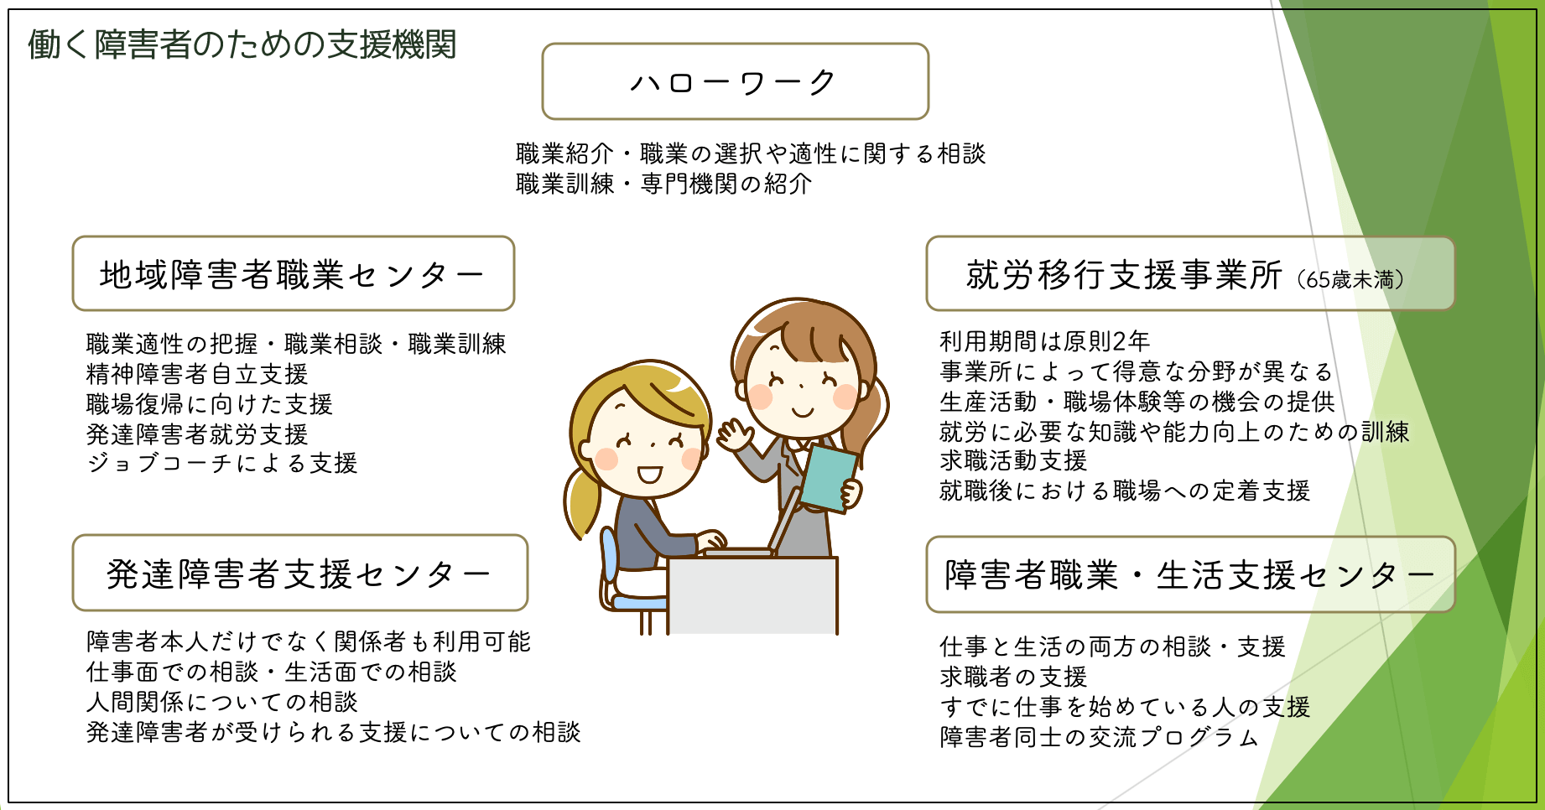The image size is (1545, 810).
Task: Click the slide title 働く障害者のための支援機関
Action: (x=242, y=44)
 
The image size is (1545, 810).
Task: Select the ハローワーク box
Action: (x=736, y=81)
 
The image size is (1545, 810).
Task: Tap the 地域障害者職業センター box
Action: (x=294, y=273)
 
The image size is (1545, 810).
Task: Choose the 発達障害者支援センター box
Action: (x=300, y=573)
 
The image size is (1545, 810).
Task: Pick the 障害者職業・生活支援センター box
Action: (x=1190, y=574)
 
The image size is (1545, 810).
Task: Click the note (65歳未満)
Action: (x=1350, y=279)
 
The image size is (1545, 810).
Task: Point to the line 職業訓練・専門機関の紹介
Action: (x=663, y=184)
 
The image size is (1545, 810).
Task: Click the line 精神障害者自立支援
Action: (x=197, y=374)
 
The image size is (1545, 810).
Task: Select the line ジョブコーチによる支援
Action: (x=222, y=463)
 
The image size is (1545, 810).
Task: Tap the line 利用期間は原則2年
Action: (x=1045, y=341)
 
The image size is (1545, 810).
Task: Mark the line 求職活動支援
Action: (x=1013, y=460)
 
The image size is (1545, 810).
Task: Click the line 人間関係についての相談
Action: (x=222, y=701)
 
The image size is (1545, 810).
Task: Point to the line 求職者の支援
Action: (x=1013, y=676)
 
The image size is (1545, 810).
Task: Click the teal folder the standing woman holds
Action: (x=829, y=477)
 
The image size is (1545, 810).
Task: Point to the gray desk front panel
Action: (x=753, y=595)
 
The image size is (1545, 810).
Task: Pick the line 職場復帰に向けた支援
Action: (x=210, y=404)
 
